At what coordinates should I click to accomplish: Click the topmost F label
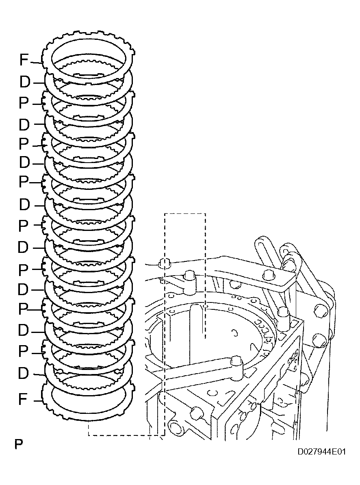tap(24, 61)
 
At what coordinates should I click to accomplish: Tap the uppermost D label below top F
tap(24, 83)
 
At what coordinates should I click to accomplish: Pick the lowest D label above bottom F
tap(24, 373)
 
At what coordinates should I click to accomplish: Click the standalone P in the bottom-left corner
tap(18, 444)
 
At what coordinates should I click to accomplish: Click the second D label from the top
tap(24, 124)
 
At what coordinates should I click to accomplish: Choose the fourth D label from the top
tap(24, 205)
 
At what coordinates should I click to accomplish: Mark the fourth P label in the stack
tap(24, 225)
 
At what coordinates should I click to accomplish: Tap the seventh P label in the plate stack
tap(24, 351)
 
